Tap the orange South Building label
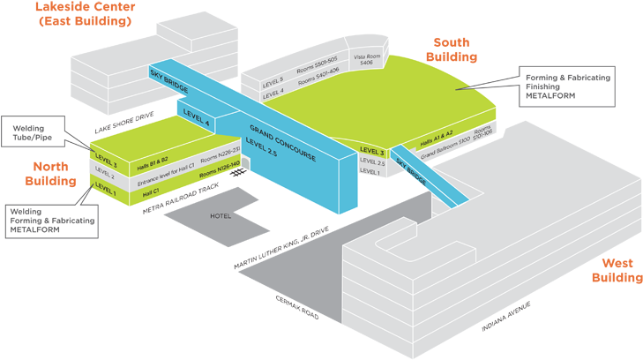[x=452, y=49]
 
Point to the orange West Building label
[x=617, y=270]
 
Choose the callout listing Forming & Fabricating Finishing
[x=566, y=86]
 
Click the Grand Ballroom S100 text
[x=445, y=152]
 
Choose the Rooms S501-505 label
[x=318, y=67]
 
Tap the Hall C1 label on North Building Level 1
[x=150, y=190]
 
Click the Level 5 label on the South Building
[x=273, y=80]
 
